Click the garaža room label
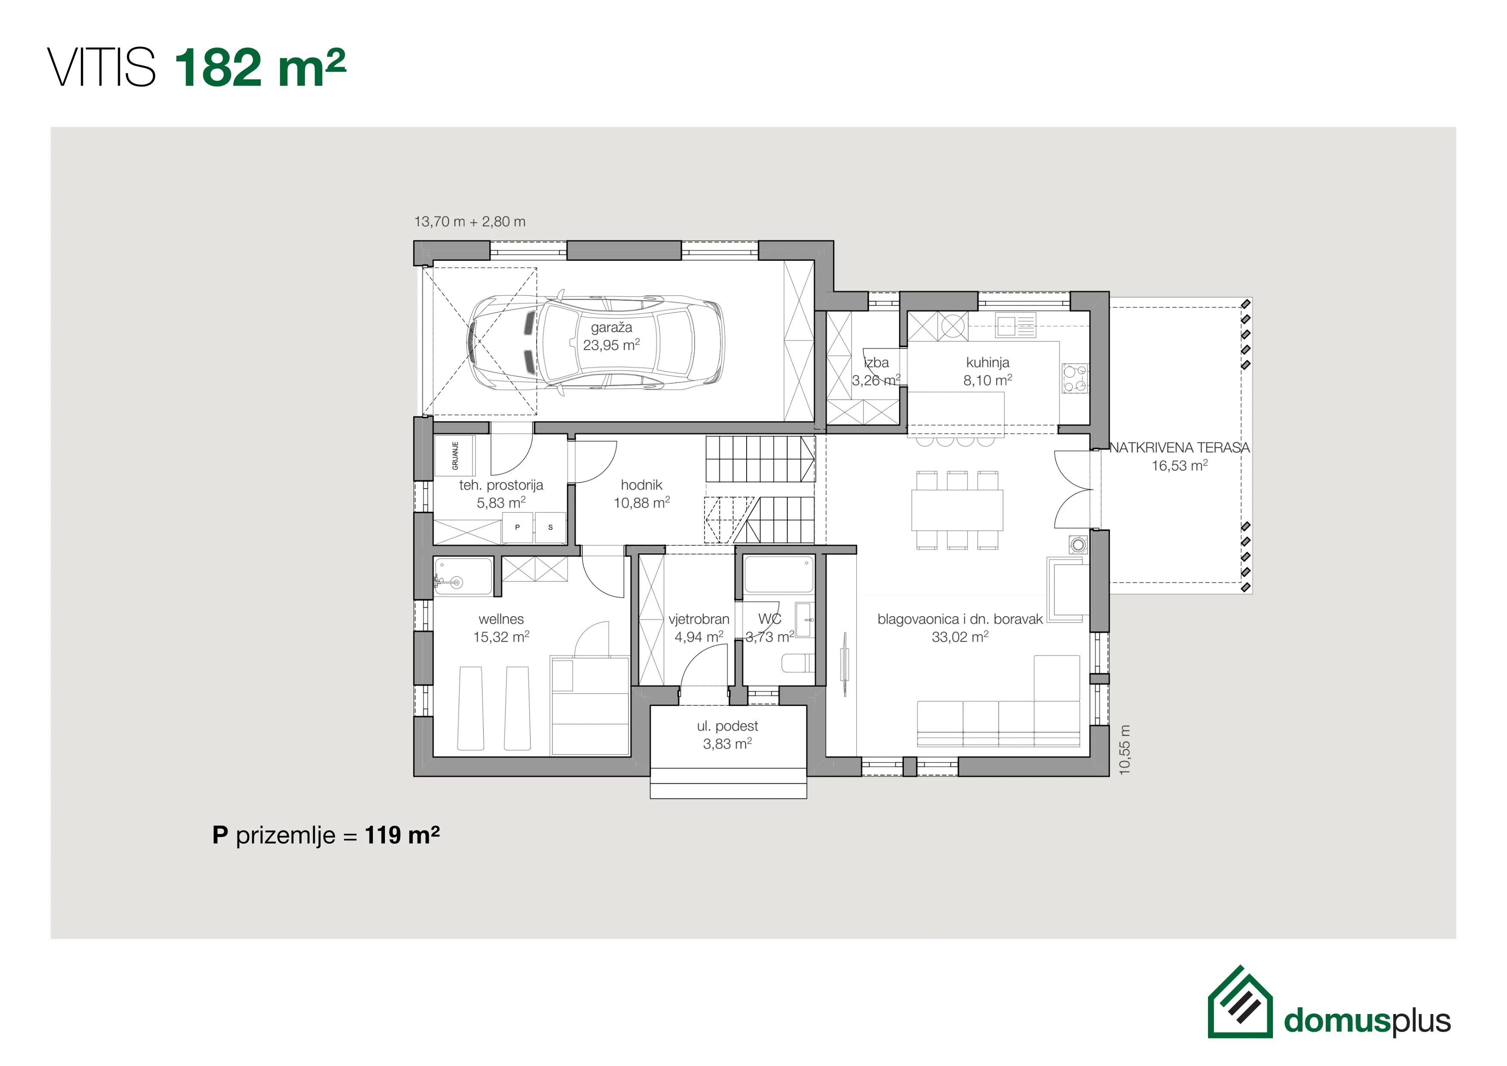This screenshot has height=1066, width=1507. click(611, 336)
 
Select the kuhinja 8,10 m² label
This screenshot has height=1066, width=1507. click(987, 371)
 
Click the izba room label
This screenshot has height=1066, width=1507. click(876, 371)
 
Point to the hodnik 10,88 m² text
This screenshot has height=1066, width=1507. click(641, 494)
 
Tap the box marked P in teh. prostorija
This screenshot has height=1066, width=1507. click(517, 527)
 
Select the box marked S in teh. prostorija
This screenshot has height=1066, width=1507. click(550, 527)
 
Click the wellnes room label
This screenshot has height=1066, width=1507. click(501, 627)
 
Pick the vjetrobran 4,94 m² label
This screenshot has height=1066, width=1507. click(699, 627)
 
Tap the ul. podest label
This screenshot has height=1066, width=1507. click(727, 735)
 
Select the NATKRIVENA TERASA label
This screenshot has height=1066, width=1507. click(1180, 456)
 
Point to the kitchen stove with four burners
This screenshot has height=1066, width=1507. click(1074, 379)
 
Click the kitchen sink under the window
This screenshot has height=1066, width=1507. click(1016, 325)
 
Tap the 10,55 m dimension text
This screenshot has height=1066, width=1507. click(1125, 750)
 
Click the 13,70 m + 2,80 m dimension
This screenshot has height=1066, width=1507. click(469, 222)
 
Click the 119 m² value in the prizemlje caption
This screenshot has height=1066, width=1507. click(402, 835)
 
